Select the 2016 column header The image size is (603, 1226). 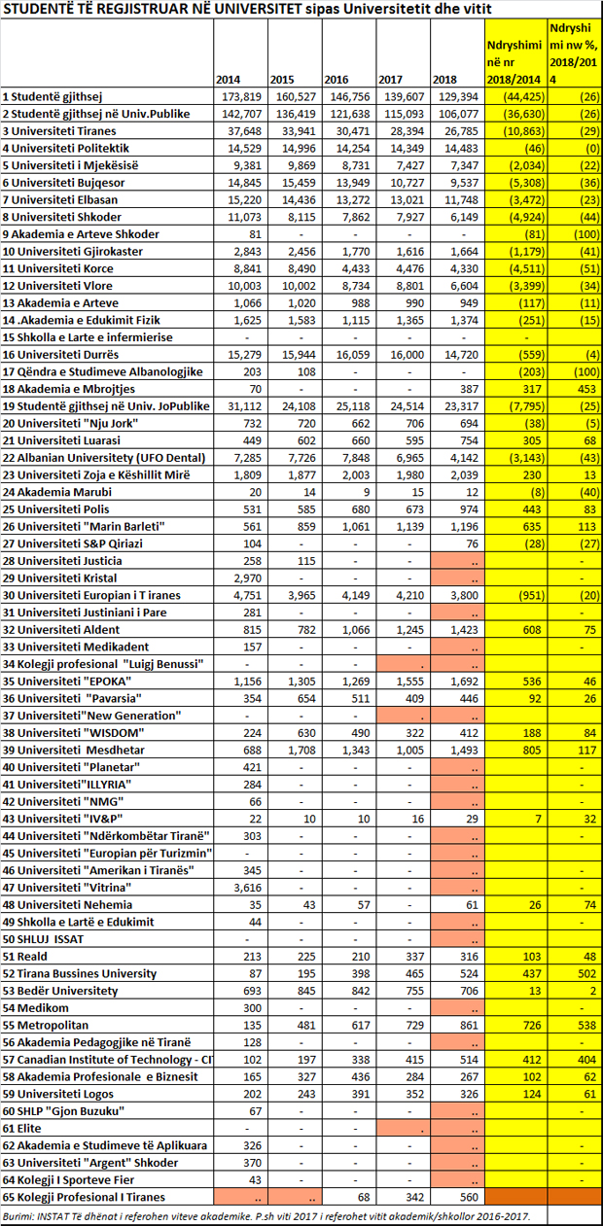337,80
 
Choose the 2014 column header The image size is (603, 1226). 228,80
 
